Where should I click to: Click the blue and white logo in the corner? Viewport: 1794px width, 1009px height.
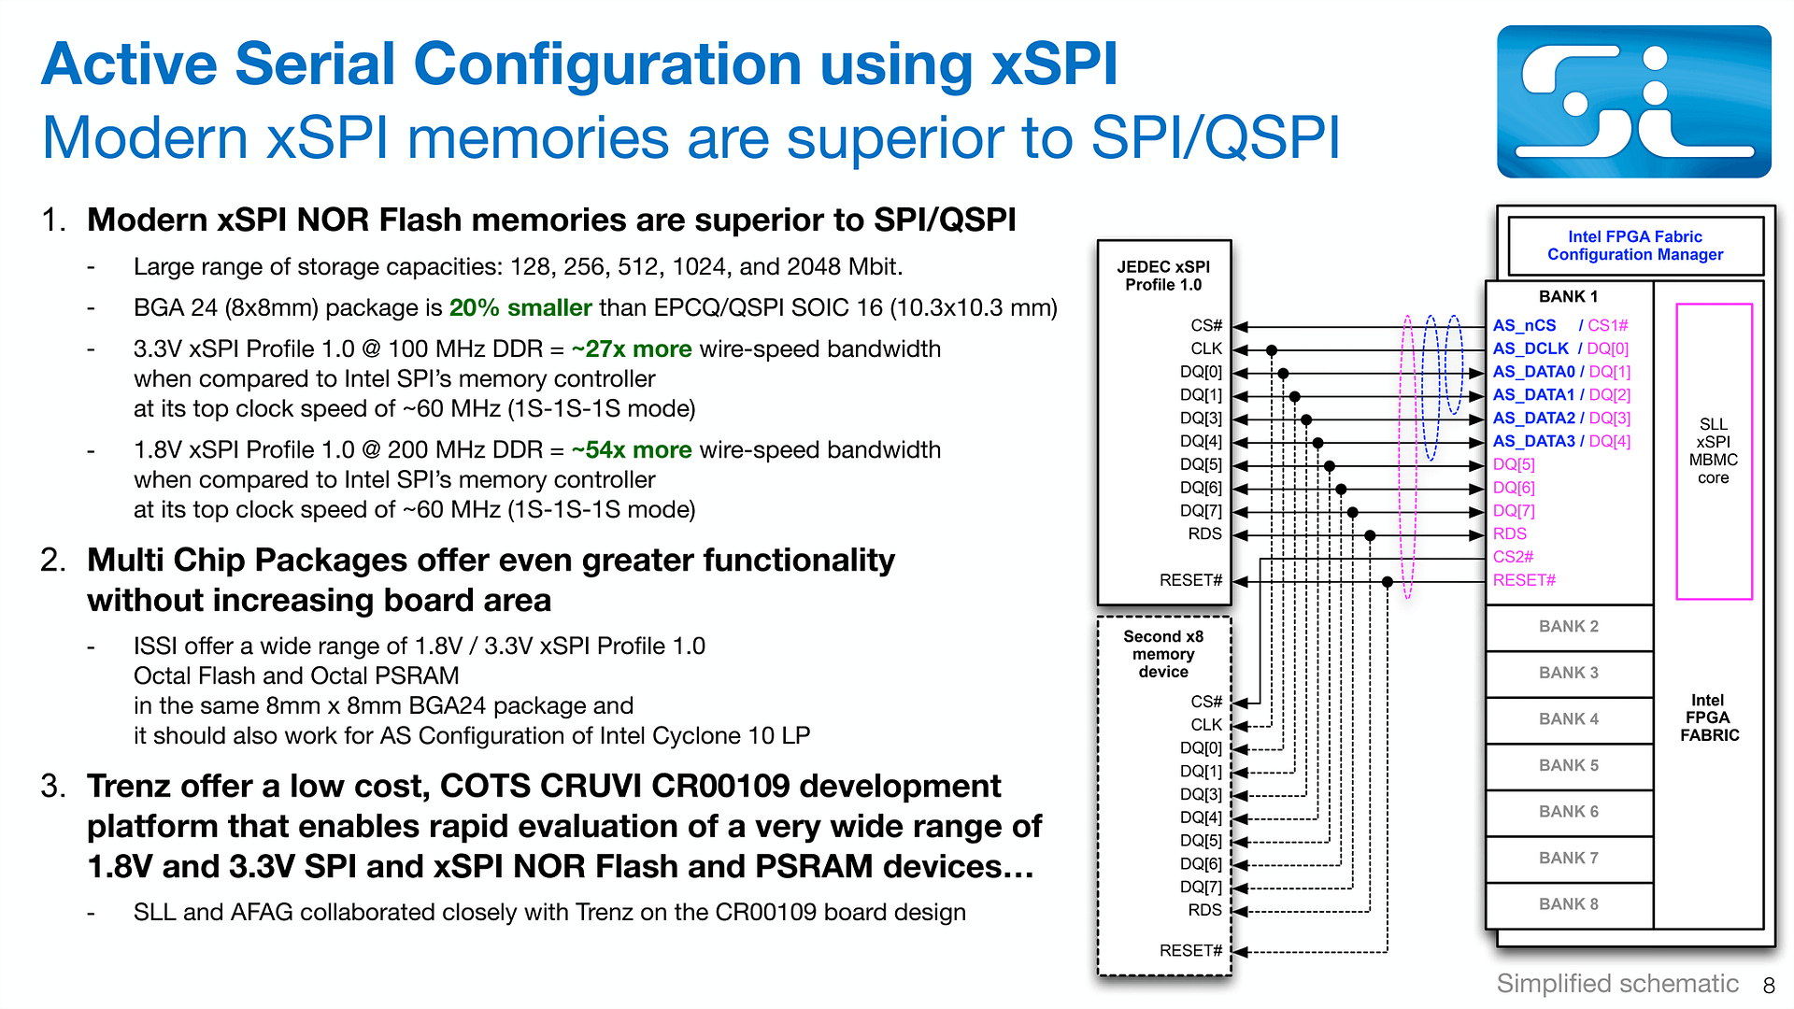click(x=1633, y=102)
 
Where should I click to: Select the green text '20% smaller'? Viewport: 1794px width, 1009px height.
click(x=520, y=308)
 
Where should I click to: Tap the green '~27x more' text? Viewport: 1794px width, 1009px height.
click(x=632, y=349)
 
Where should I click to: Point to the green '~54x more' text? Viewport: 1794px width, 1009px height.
click(x=632, y=450)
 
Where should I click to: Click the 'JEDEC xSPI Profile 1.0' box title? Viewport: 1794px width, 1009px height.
click(x=1163, y=276)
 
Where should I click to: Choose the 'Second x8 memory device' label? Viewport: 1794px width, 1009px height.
click(x=1163, y=654)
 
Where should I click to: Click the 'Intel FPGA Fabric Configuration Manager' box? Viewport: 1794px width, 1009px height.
click(x=1635, y=246)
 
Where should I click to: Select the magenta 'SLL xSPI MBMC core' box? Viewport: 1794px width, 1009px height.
click(x=1714, y=451)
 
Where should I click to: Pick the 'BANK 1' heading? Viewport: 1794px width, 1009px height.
click(x=1568, y=297)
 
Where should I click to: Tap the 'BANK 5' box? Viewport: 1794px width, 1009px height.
click(x=1569, y=766)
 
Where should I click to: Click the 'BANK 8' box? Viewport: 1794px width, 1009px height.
click(x=1569, y=905)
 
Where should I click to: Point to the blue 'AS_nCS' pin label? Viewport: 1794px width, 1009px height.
click(x=1524, y=326)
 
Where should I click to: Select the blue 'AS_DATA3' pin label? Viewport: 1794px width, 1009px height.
click(x=1533, y=442)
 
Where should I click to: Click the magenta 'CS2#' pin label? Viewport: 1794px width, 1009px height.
click(x=1513, y=558)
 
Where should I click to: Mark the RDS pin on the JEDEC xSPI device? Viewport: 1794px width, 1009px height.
click(x=1204, y=534)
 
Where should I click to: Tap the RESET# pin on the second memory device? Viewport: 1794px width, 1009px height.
click(x=1190, y=951)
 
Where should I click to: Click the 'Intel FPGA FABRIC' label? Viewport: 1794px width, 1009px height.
click(x=1709, y=718)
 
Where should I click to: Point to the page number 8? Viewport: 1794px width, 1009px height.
click(x=1769, y=986)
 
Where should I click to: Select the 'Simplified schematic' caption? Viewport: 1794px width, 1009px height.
click(x=1617, y=984)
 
